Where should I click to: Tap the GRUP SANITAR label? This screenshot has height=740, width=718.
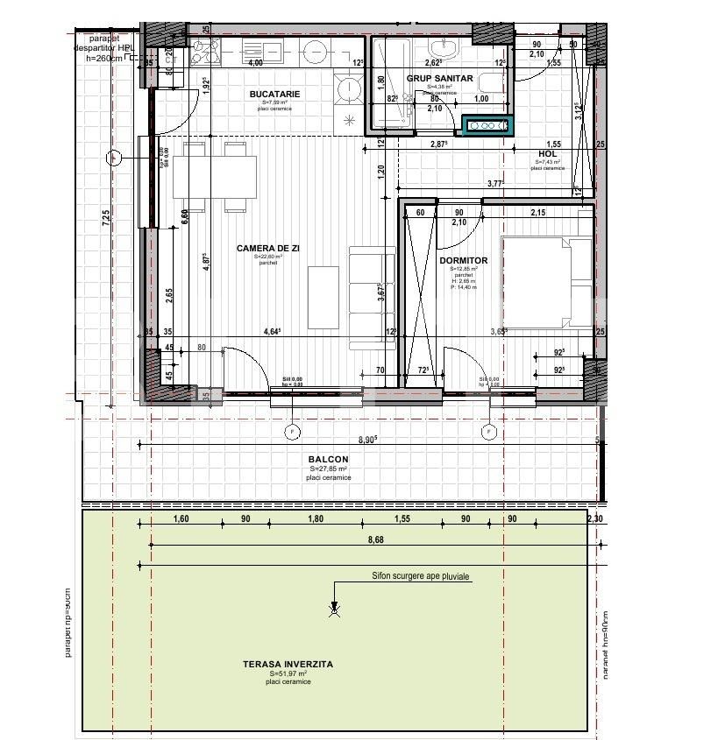click(439, 78)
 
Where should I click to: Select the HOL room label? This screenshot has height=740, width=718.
click(548, 154)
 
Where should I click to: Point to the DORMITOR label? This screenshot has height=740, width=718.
click(463, 261)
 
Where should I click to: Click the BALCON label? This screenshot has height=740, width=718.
click(328, 460)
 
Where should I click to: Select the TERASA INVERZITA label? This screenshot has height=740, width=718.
click(288, 665)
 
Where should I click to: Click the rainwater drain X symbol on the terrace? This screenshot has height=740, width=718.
click(333, 611)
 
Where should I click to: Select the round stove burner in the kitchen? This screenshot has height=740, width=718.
click(348, 88)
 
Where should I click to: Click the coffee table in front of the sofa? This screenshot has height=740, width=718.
click(322, 295)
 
